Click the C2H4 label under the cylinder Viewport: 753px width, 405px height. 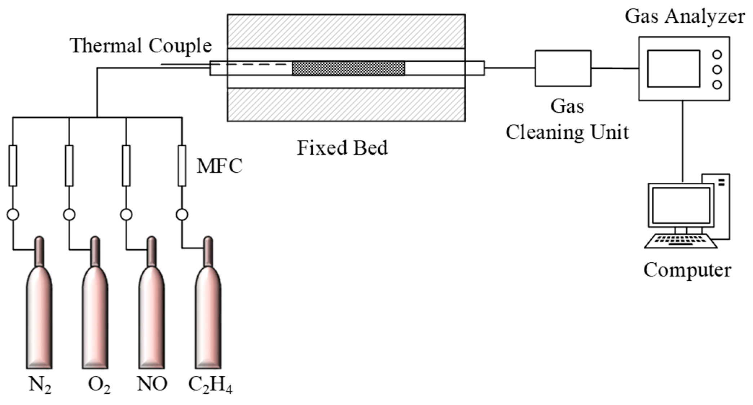point(210,385)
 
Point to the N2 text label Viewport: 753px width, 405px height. point(40,385)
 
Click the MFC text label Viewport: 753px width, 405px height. point(219,166)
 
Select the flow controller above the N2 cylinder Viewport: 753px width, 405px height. point(13,166)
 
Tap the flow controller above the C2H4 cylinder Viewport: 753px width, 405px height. point(182,166)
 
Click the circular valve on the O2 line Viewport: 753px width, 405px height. point(69,215)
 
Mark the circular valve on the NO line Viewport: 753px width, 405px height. point(126,215)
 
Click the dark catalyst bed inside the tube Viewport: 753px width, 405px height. point(348,68)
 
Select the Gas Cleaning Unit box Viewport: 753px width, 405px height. point(563,68)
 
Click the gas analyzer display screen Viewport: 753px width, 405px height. point(673,69)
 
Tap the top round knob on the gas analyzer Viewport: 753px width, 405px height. point(717,55)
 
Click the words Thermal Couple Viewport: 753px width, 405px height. point(141,46)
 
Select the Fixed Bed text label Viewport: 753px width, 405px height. point(342,148)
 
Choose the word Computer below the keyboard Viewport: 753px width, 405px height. point(687,270)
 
